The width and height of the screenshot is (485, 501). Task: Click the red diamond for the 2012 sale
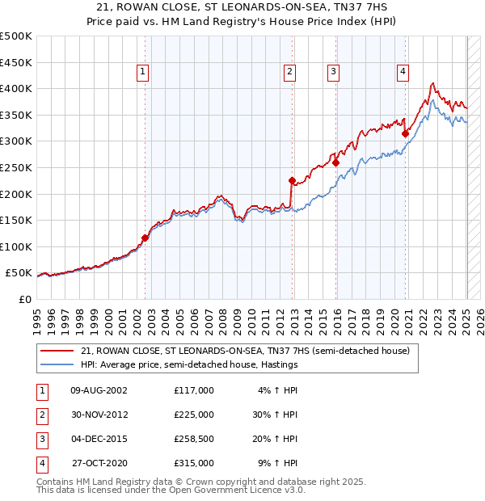pos(292,181)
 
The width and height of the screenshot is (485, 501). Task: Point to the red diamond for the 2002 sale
pos(145,238)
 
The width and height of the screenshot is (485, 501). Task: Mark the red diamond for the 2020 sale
pos(405,133)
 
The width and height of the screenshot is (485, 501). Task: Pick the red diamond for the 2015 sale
pos(336,163)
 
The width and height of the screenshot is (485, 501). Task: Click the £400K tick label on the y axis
pos(16,88)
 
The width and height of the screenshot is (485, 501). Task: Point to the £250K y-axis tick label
pos(16,167)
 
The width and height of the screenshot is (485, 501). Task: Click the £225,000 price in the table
pos(193,415)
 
